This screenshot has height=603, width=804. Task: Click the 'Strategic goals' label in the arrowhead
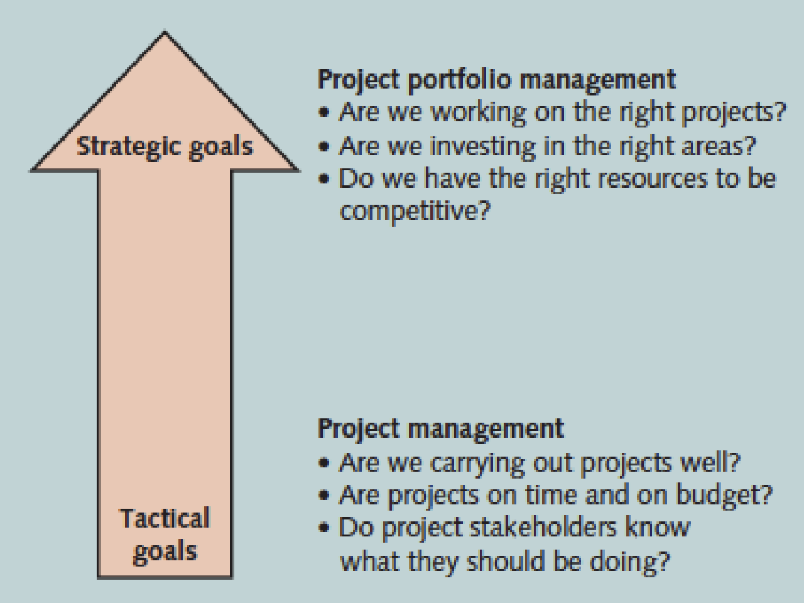pos(165,147)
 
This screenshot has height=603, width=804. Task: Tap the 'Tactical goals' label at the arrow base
pos(165,536)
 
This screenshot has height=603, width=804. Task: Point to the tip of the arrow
pos(165,32)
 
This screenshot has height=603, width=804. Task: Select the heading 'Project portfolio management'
pos(497,80)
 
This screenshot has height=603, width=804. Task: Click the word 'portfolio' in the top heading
pos(459,80)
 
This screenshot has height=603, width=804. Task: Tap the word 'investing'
pos(482,147)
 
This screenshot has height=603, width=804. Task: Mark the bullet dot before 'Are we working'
pos(324,112)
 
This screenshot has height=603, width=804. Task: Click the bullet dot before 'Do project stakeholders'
pos(324,528)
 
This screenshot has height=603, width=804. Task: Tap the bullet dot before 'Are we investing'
pos(324,146)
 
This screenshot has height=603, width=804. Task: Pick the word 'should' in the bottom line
pos(506,562)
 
